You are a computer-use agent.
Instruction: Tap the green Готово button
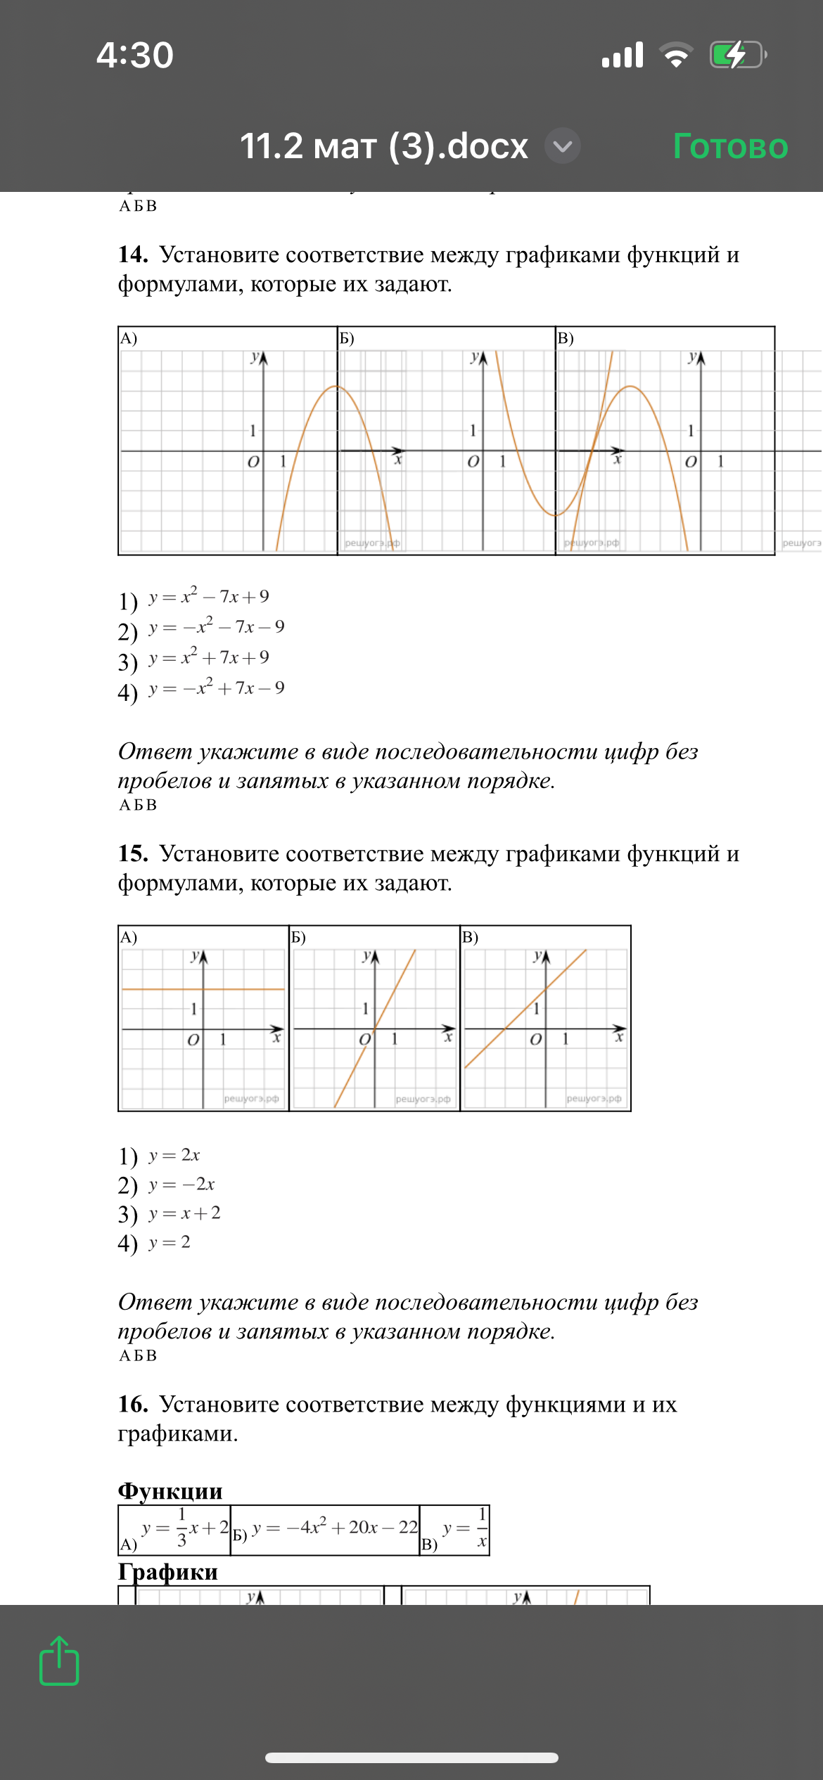coord(730,146)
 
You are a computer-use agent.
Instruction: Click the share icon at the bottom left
coord(59,1660)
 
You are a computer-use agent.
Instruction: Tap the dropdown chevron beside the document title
coord(563,146)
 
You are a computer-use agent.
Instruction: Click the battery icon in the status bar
coord(737,55)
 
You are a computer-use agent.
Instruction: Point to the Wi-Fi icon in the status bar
coord(676,55)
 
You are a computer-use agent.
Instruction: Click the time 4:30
coord(135,55)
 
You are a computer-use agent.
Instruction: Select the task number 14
coord(133,254)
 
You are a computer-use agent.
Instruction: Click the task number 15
coord(133,853)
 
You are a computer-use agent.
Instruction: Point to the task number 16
coord(133,1404)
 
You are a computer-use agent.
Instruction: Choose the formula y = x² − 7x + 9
coord(209,597)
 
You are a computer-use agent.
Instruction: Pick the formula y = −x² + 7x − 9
coord(217,688)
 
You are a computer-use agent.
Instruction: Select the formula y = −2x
coord(181,1185)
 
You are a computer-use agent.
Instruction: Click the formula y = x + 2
coord(184,1213)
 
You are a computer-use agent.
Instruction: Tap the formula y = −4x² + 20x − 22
coord(335,1527)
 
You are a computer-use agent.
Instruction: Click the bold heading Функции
coord(170,1490)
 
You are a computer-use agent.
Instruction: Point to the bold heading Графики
coord(168,1571)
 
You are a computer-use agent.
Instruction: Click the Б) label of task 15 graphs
coord(298,937)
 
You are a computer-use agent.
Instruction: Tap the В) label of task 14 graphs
coord(566,338)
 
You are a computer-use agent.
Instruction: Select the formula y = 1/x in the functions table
coord(465,1528)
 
